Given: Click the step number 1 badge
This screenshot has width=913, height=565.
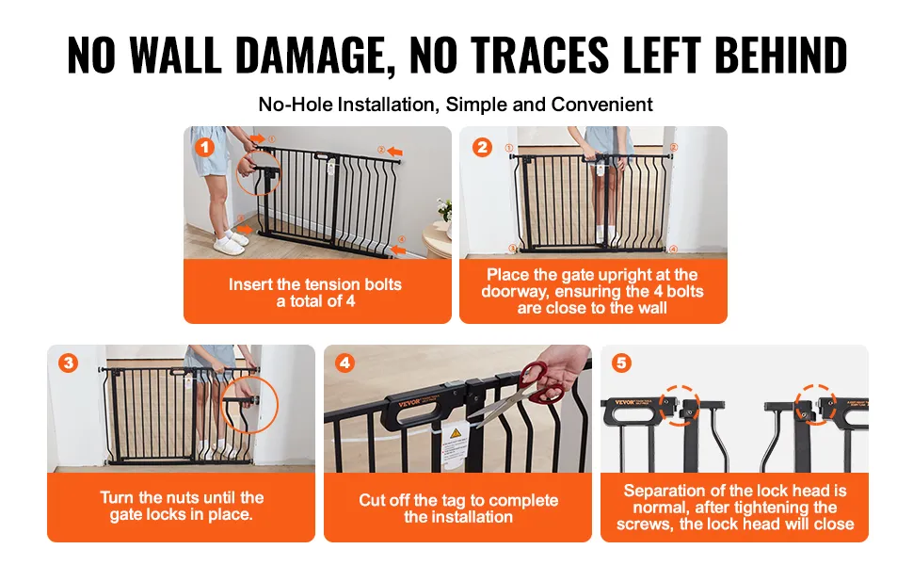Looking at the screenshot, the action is pyautogui.click(x=204, y=147).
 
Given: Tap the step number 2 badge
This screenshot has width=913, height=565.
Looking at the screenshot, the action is pyautogui.click(x=482, y=147).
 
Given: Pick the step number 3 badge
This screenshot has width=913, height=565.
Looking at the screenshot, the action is pyautogui.click(x=68, y=363).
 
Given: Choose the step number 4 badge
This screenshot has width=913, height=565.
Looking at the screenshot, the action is pyautogui.click(x=344, y=363).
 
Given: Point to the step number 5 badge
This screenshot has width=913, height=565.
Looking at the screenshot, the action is pyautogui.click(x=621, y=363).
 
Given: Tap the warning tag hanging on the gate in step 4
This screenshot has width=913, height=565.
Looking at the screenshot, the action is pyautogui.click(x=455, y=445).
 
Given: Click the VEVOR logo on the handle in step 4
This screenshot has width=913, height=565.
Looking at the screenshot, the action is pyautogui.click(x=409, y=402).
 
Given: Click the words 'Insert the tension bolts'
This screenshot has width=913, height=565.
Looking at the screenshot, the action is pyautogui.click(x=315, y=284).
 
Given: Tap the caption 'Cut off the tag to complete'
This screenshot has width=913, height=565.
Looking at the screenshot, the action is pyautogui.click(x=458, y=500).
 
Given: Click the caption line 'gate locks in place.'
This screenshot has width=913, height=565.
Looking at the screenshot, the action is pyautogui.click(x=181, y=514).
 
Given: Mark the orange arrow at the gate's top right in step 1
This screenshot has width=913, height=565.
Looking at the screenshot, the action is pyautogui.click(x=395, y=152).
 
